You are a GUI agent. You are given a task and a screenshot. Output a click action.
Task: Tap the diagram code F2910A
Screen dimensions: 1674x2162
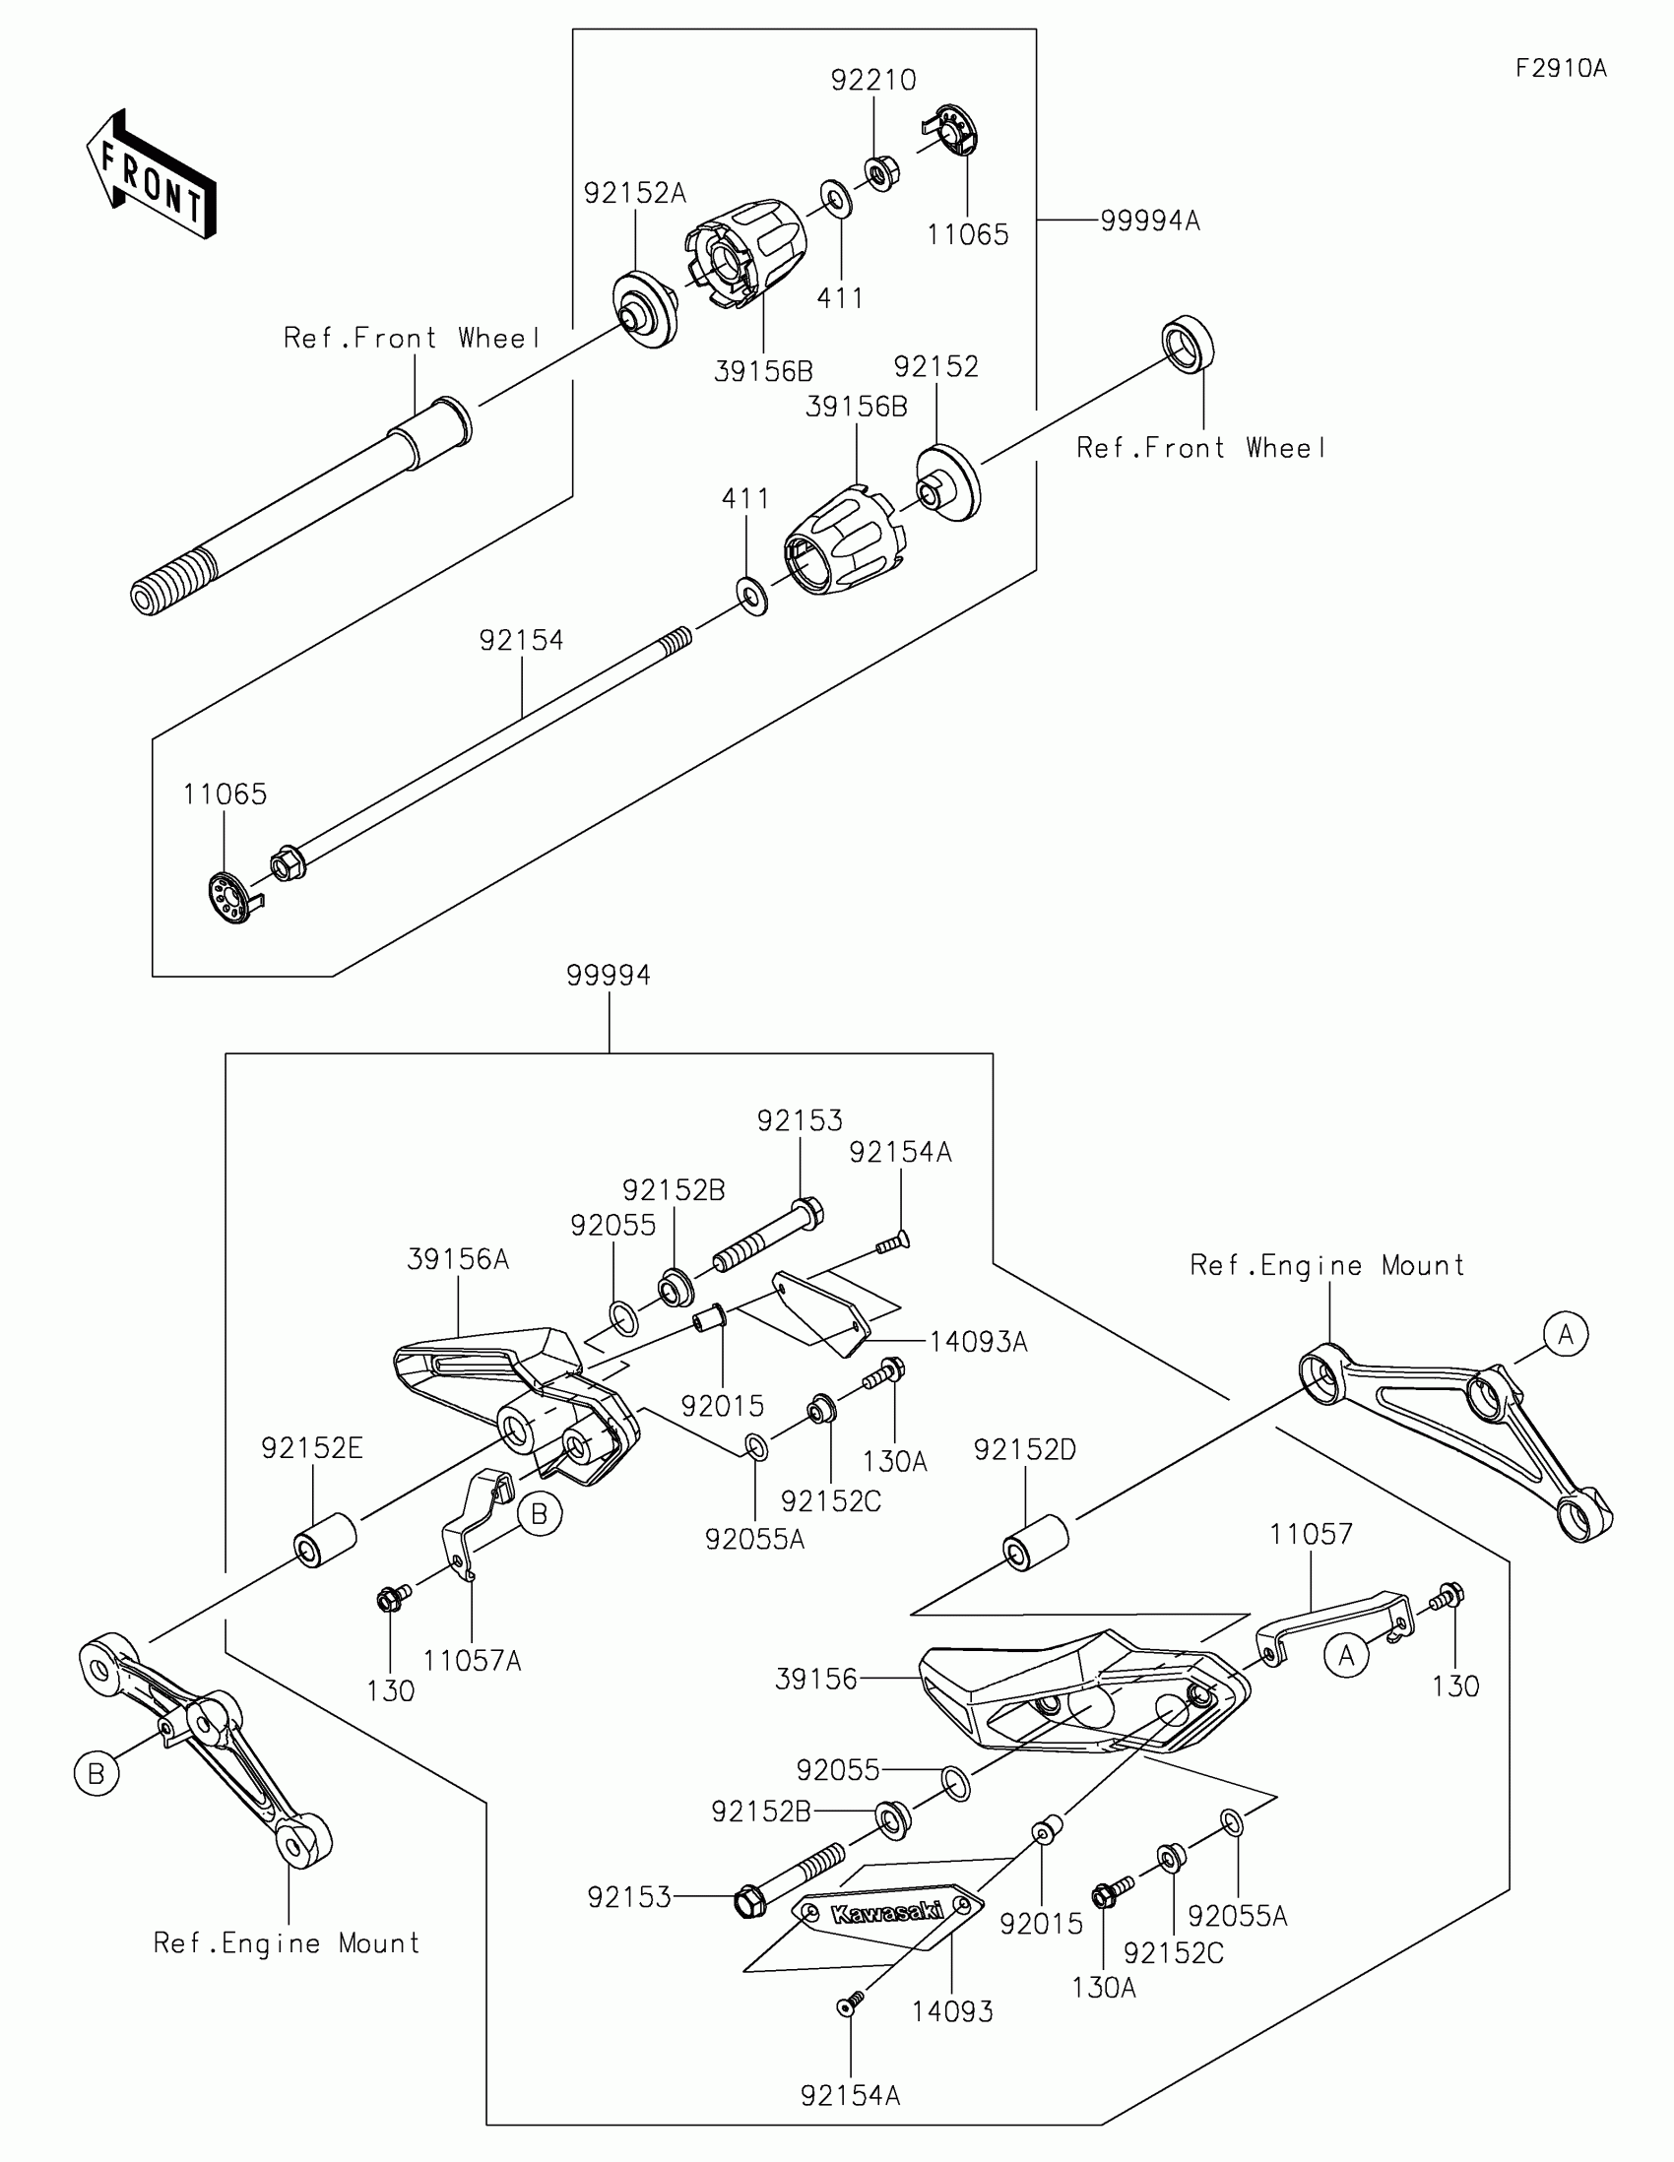pyautogui.click(x=1561, y=68)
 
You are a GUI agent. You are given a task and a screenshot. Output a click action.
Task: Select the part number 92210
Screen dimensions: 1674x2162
pyautogui.click(x=873, y=80)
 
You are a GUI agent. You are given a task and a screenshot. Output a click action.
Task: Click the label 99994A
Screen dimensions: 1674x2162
pyautogui.click(x=1150, y=221)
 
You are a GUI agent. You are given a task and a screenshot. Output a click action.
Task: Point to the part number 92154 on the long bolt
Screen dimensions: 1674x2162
pyautogui.click(x=522, y=641)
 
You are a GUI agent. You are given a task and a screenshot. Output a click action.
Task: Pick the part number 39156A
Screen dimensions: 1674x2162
pyautogui.click(x=458, y=1259)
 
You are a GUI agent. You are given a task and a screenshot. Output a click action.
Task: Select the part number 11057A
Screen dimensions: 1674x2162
pyautogui.click(x=473, y=1661)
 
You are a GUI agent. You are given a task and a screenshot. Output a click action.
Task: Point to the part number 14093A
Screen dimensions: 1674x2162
pyautogui.click(x=979, y=1342)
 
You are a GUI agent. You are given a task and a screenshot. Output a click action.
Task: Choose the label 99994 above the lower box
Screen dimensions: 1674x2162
pyautogui.click(x=609, y=975)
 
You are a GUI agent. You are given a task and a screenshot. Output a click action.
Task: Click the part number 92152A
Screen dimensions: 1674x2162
pyautogui.click(x=634, y=193)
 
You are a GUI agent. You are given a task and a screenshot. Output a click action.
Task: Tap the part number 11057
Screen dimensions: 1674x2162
pyautogui.click(x=1312, y=1535)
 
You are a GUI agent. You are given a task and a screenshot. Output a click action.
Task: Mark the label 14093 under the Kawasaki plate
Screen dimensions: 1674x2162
pyautogui.click(x=952, y=2011)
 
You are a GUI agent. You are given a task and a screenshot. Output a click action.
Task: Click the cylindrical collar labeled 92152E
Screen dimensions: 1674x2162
pyautogui.click(x=325, y=1540)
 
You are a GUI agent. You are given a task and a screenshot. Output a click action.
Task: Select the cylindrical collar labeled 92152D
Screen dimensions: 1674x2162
pyautogui.click(x=1037, y=1541)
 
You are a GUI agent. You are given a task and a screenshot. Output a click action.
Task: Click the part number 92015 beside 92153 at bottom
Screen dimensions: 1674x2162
pyautogui.click(x=1042, y=1924)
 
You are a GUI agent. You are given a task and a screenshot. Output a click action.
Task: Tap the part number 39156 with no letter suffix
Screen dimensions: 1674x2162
pyautogui.click(x=815, y=1679)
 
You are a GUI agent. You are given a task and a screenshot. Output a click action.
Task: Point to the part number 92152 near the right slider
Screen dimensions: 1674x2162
pyautogui.click(x=936, y=367)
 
